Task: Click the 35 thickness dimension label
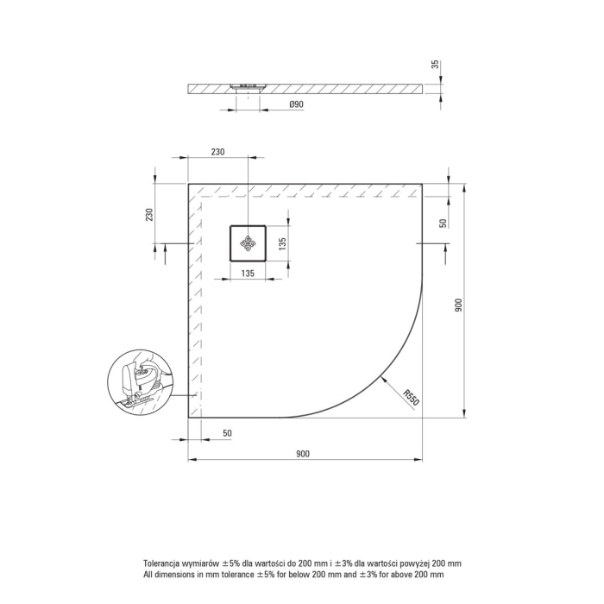[435, 64]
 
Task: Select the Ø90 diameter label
[272, 105]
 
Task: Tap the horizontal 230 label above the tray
[217, 151]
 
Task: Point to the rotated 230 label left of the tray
[149, 214]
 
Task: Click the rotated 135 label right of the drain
[281, 243]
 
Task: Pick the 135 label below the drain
[247, 274]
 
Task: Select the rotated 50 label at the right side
[443, 223]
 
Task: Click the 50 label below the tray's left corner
[228, 433]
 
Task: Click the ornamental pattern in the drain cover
[248, 243]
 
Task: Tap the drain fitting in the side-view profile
[249, 85]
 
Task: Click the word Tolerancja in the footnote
[165, 562]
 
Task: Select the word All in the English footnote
[148, 574]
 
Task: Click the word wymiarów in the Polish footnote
[206, 562]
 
